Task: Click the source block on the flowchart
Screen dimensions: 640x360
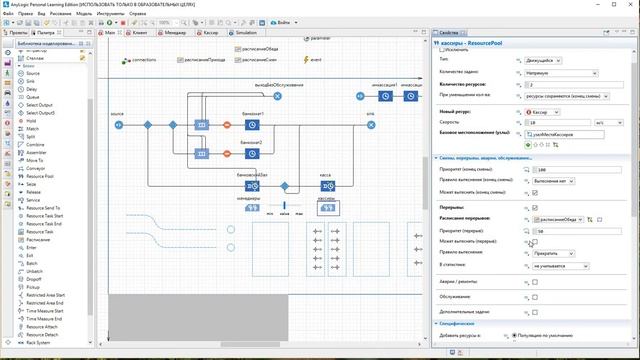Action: pos(119,125)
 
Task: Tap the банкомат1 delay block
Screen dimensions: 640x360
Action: pos(253,125)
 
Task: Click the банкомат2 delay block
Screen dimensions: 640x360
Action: pos(253,153)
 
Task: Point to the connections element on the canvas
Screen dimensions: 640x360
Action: pos(126,61)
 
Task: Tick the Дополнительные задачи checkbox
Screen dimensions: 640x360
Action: pos(535,311)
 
